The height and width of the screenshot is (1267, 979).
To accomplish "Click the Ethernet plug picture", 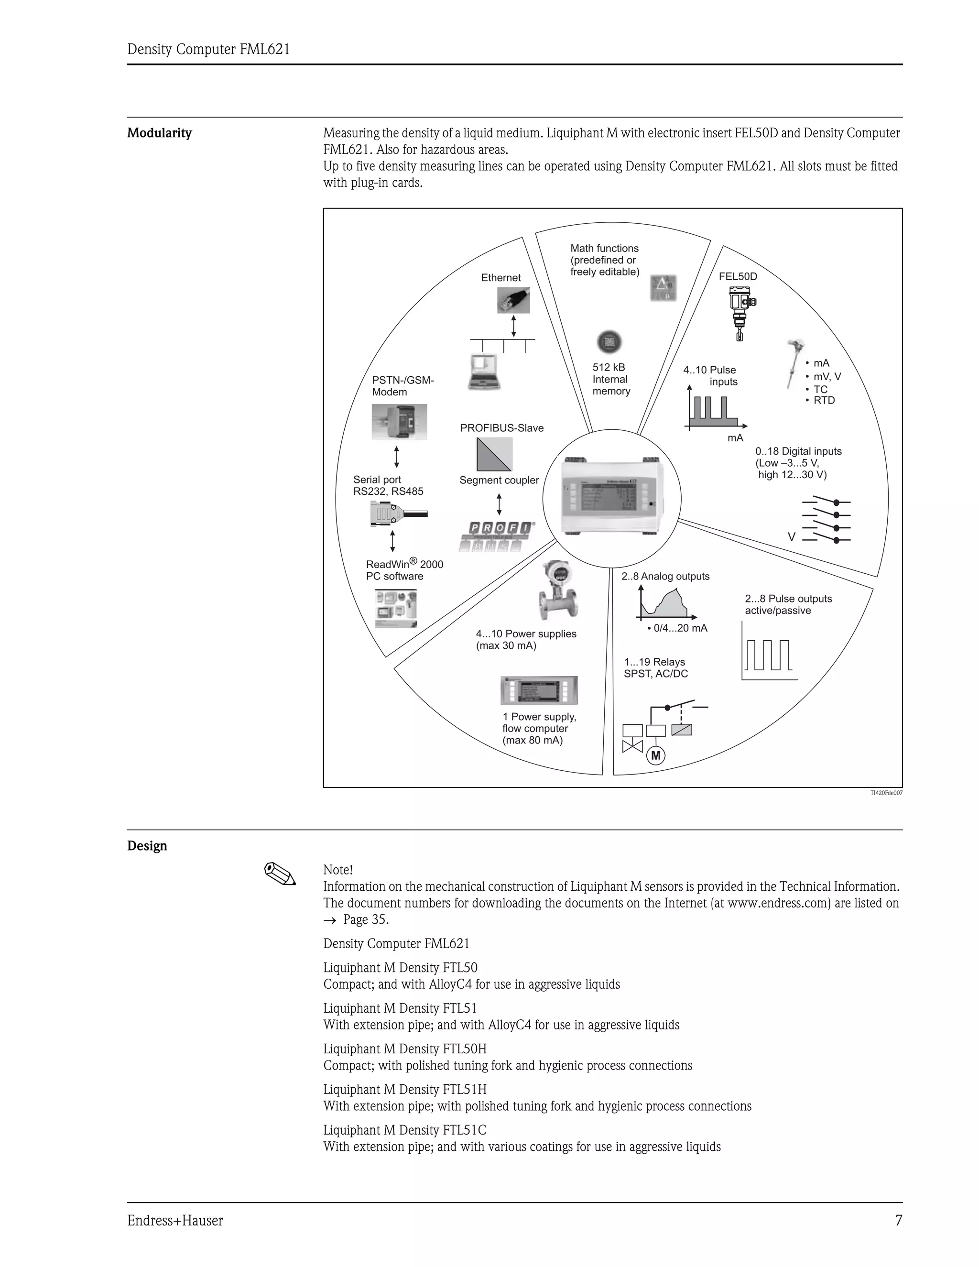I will pos(513,300).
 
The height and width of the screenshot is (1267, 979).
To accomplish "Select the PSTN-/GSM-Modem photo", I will pos(399,422).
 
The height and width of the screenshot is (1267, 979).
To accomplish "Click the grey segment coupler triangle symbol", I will pos(495,454).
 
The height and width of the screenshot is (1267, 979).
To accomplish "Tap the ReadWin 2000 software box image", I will pos(396,608).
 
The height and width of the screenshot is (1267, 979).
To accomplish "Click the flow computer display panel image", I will pos(539,690).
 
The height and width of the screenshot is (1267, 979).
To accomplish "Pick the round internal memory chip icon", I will pos(609,342).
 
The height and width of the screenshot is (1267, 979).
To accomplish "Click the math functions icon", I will pos(663,288).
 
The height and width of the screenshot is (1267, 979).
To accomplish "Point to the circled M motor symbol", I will pos(656,755).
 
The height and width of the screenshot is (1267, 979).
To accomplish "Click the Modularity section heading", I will pos(160,133).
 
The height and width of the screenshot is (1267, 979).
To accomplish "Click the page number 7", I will pos(898,1221).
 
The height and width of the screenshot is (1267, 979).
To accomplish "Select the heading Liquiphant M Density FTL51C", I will pos(405,1130).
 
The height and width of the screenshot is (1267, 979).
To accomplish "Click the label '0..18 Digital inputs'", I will pos(798,451).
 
